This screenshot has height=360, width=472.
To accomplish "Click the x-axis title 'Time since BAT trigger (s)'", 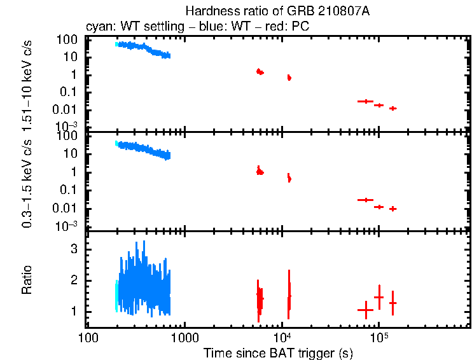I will [x=278, y=352].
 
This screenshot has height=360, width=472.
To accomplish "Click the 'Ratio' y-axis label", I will [x=27, y=280].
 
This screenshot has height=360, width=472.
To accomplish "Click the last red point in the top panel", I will [x=393, y=108].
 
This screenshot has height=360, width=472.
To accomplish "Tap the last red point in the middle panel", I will [x=393, y=209].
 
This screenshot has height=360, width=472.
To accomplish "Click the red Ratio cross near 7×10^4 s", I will [x=365, y=310].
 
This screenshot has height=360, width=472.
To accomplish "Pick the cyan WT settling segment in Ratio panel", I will [x=116, y=296].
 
